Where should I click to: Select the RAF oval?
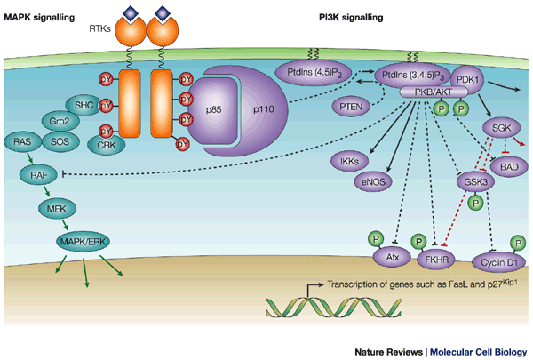pos(38,176)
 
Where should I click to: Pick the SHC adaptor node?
pos(85,105)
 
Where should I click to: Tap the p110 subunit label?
pos(269,107)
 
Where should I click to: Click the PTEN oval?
pos(328,108)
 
